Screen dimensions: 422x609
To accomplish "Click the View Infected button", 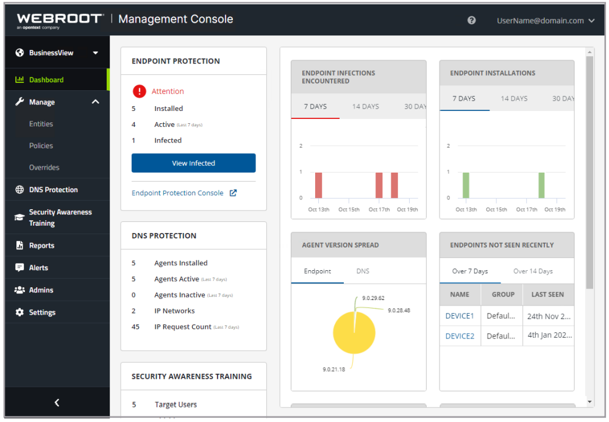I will tap(193, 163).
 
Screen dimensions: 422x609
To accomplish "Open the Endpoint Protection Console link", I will tap(177, 193).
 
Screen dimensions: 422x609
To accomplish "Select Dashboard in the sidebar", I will tap(46, 80).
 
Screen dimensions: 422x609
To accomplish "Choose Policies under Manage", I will tap(41, 146).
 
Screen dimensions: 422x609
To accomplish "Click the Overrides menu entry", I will tap(44, 168).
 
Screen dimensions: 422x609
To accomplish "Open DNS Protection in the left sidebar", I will tap(53, 190).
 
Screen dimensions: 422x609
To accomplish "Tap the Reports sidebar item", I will tap(41, 246).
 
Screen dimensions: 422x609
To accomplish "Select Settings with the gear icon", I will tap(42, 312).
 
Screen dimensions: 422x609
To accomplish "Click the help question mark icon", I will tap(471, 20).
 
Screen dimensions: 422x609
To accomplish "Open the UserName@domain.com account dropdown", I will tap(545, 20).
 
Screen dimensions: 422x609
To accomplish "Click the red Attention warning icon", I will tap(140, 91).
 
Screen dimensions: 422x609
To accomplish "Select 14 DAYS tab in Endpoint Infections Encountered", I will tap(365, 107).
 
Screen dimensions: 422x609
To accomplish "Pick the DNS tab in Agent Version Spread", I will tap(363, 271).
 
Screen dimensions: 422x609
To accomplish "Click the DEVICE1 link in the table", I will tap(459, 316).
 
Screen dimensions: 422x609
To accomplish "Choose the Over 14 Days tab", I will tap(533, 271).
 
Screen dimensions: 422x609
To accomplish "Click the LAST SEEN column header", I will tap(547, 295).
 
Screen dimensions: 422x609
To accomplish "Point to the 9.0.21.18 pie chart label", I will tap(333, 370).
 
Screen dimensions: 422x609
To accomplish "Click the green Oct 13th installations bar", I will tap(466, 185).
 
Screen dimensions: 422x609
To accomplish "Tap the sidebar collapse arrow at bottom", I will tap(57, 402).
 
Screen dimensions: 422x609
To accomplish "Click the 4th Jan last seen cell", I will tap(548, 336).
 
